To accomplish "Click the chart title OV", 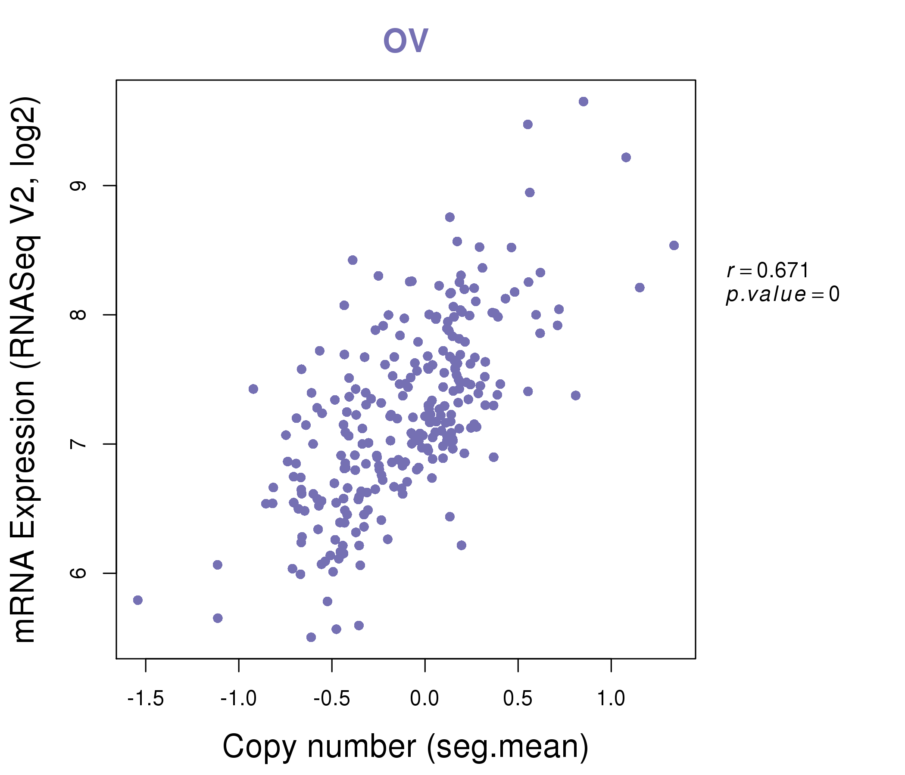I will point(406,40).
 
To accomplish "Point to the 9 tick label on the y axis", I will point(78,186).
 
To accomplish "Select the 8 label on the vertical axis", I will point(78,315).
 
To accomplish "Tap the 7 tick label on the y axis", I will point(78,444).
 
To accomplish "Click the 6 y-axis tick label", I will point(78,573).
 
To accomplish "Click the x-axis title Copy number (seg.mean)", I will point(406,747).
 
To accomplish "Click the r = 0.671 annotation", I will point(768,270).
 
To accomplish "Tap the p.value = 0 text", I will point(782,294).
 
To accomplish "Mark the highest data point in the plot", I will point(584,102).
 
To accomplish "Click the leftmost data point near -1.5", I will point(138,600).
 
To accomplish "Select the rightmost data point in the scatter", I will point(674,245).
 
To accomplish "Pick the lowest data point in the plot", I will point(311,637).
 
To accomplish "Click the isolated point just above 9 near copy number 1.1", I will point(626,158).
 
